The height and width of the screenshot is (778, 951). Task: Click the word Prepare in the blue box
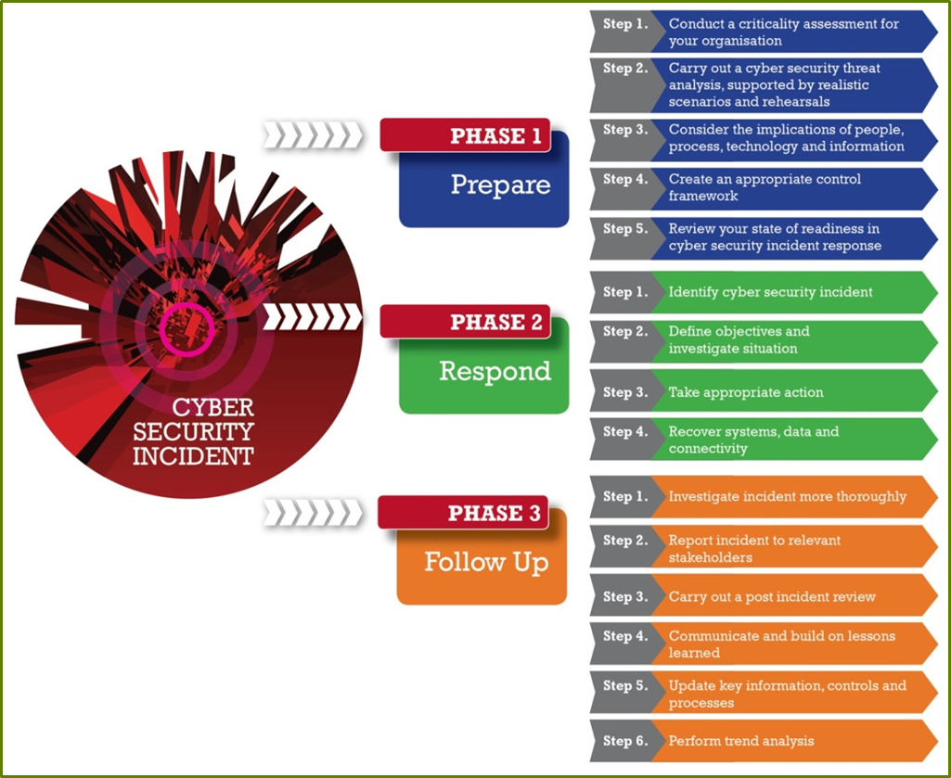(500, 185)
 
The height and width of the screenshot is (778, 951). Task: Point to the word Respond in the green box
(495, 372)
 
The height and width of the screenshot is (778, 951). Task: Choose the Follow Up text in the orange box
(486, 562)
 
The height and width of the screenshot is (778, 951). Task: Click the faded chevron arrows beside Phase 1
(311, 135)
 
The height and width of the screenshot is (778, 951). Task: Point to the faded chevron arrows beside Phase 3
(311, 511)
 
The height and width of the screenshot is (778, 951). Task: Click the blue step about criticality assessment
(783, 32)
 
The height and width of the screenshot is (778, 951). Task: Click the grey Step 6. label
(623, 741)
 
